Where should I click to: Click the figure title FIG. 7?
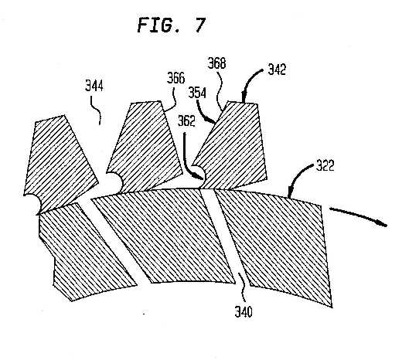click(172, 25)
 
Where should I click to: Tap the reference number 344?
click(94, 86)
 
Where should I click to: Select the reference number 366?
click(176, 78)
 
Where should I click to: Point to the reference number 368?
click(217, 63)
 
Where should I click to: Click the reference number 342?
click(277, 70)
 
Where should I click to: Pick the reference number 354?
click(197, 93)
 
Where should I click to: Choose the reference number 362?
click(186, 121)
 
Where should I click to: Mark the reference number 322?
click(325, 165)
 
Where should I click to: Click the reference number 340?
click(244, 312)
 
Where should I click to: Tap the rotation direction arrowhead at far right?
click(383, 223)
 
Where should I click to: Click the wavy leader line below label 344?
click(96, 110)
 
